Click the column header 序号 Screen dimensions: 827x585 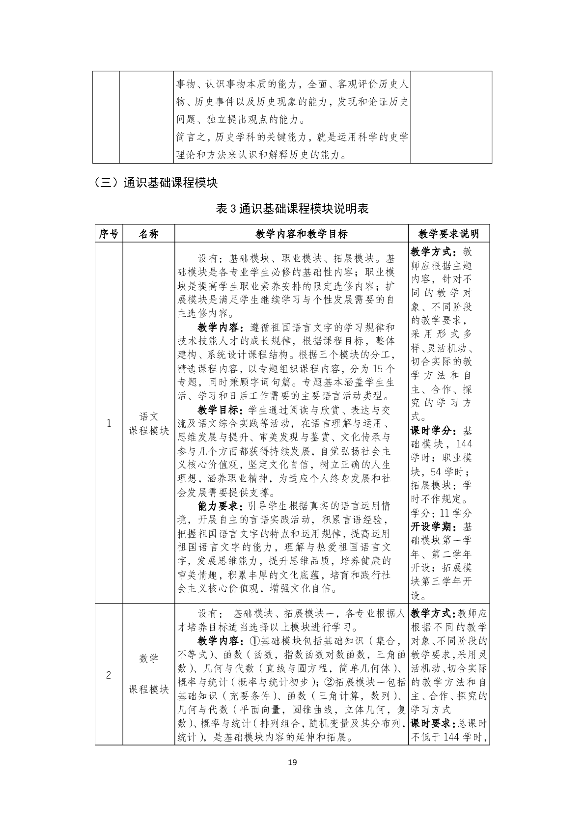[x=109, y=234]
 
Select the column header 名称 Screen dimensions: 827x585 [x=149, y=234]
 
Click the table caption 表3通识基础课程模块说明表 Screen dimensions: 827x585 [x=292, y=209]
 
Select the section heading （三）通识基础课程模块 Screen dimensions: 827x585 [x=156, y=183]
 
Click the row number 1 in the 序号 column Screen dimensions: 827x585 [x=109, y=423]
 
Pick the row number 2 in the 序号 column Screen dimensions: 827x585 [x=109, y=675]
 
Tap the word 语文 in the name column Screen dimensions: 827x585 [x=149, y=416]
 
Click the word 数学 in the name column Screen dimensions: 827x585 [x=149, y=659]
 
